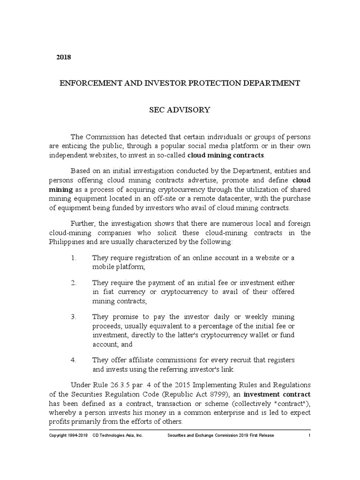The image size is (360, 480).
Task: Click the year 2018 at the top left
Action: pos(63,57)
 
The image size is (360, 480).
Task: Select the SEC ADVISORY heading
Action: pos(180,110)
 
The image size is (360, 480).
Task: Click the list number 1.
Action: pos(73,258)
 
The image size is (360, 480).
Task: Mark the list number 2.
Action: pos(73,283)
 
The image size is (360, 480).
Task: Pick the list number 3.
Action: pos(73,317)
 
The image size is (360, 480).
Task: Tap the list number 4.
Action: pos(73,360)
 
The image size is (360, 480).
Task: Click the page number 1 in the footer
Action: pos(309,435)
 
